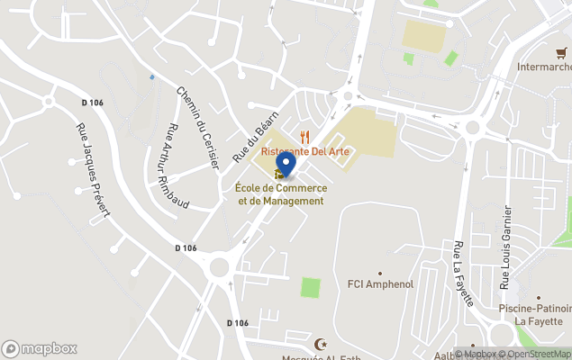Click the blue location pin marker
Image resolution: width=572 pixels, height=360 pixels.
point(285,164)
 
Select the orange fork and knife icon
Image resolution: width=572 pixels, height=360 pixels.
point(305,137)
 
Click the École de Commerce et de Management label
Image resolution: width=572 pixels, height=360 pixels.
point(280,194)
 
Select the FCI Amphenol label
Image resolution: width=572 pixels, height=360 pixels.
point(380,284)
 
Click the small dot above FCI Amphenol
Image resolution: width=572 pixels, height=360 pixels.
point(380,272)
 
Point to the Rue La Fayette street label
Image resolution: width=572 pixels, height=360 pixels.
point(465,274)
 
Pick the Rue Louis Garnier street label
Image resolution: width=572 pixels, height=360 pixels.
point(506,247)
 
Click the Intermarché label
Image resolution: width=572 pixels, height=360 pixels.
point(544,67)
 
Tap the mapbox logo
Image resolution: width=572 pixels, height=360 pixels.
point(40,348)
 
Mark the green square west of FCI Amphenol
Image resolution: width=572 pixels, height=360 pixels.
point(311,289)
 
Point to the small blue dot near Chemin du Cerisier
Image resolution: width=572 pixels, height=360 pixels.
point(152,77)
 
